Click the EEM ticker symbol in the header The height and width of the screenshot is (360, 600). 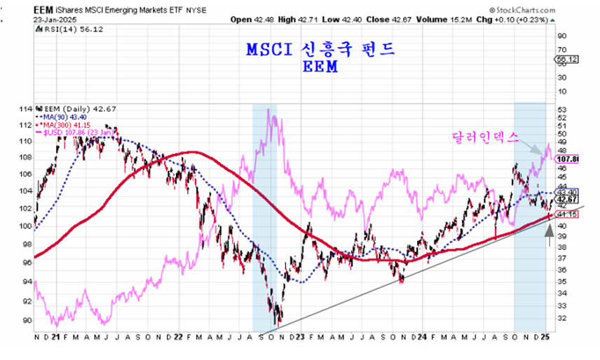click(43, 11)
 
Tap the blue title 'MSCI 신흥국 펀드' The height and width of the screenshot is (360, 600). click(321, 50)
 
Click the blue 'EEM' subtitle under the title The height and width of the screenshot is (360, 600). click(320, 67)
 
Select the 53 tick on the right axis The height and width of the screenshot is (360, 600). click(561, 109)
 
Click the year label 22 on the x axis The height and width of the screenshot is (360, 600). click(178, 337)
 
